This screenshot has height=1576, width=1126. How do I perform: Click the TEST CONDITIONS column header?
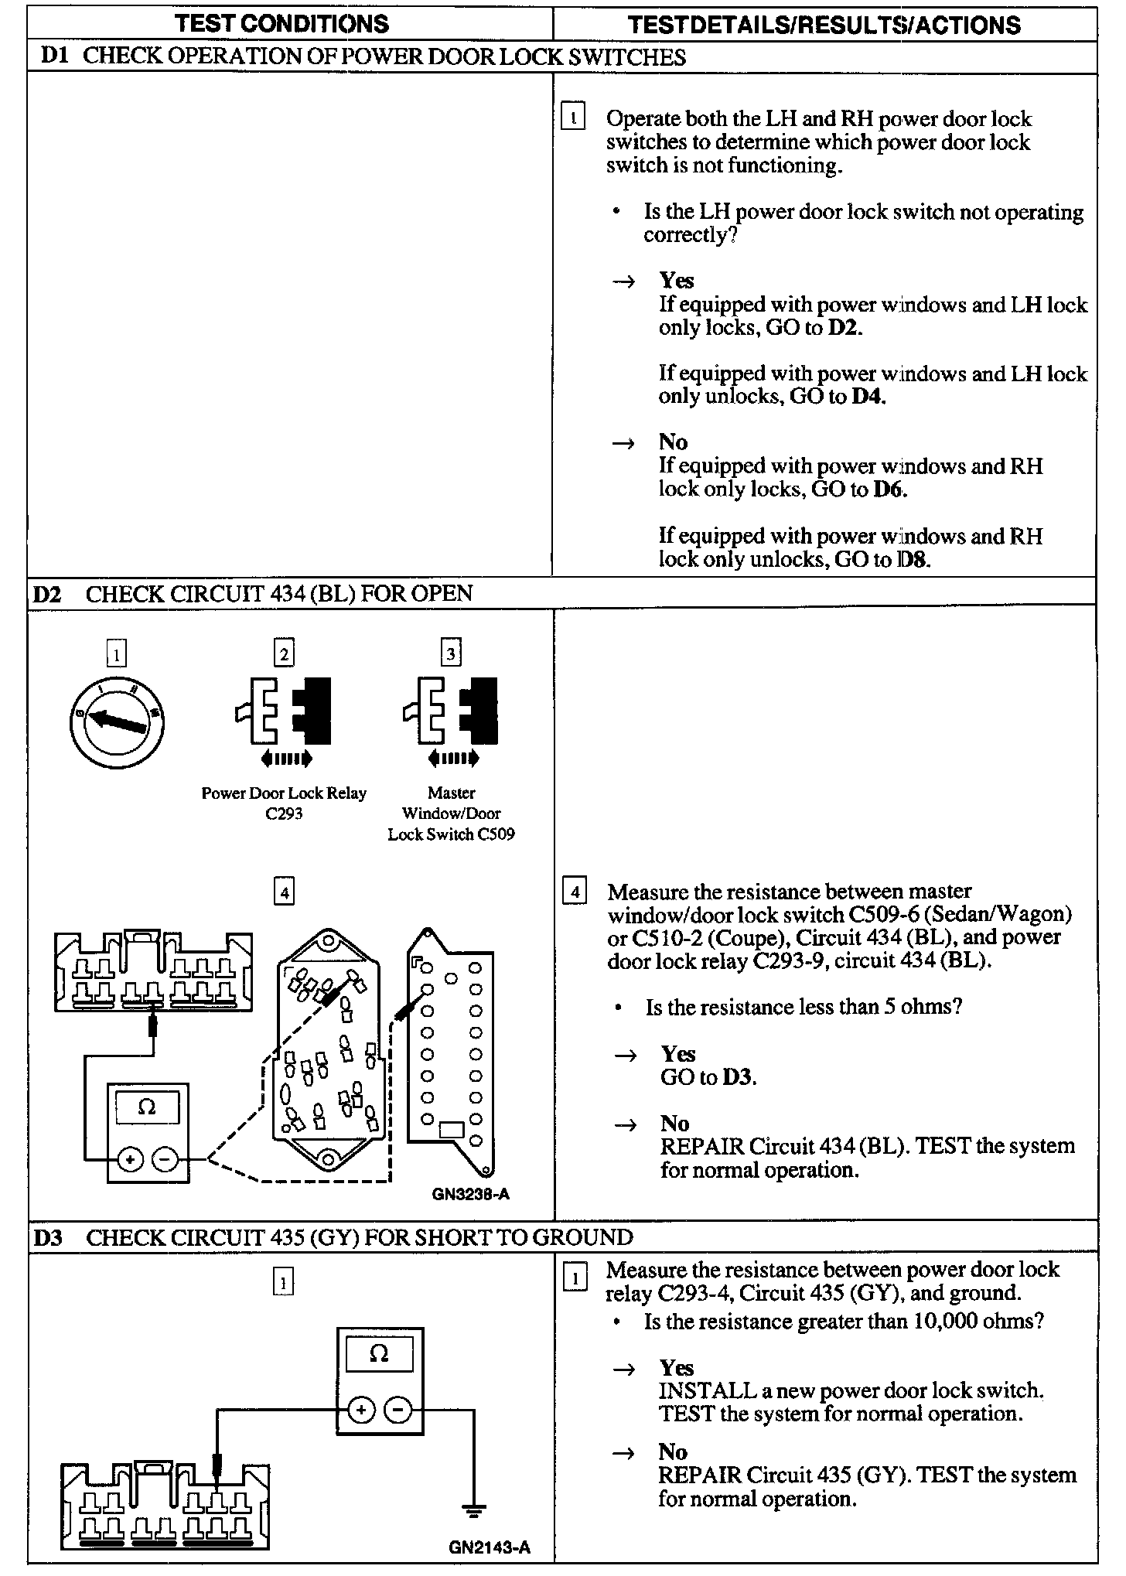point(281,24)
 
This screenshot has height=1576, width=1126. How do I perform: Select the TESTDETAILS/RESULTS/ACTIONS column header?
point(824,25)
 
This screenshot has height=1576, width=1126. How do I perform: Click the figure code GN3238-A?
point(470,1194)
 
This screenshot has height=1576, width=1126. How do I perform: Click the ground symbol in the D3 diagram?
point(474,1509)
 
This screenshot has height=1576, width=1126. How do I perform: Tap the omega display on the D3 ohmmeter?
point(379,1355)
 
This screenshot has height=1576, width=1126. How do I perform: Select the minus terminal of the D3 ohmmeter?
point(398,1411)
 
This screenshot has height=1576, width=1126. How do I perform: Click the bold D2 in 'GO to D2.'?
point(843,327)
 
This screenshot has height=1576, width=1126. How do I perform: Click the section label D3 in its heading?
point(48,1238)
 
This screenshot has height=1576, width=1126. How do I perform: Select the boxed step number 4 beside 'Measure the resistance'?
point(574,892)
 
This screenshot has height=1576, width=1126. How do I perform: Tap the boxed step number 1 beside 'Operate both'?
point(572,118)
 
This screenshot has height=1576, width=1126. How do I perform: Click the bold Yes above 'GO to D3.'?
point(677,1053)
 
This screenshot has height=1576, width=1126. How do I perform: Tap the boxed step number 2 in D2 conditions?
point(284,654)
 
